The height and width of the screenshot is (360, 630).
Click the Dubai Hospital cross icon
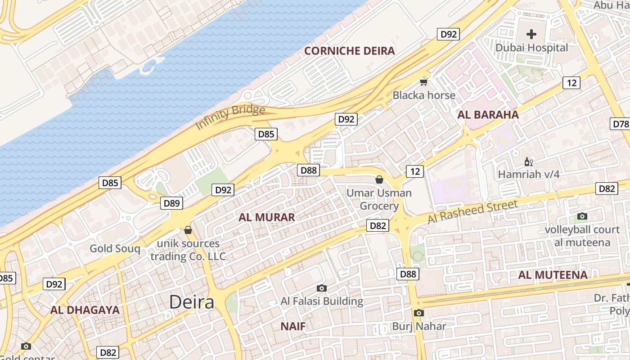tap(531, 34)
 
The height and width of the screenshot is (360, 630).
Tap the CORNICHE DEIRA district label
tap(350, 51)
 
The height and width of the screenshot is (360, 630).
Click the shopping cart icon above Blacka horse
tap(423, 81)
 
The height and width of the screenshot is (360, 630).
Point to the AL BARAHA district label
tap(488, 115)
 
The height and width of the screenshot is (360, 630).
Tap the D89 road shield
tap(171, 203)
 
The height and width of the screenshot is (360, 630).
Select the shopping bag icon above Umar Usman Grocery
tap(379, 179)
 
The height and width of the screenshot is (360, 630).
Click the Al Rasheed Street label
tap(472, 212)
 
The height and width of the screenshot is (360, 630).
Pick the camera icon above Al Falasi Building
tap(321, 288)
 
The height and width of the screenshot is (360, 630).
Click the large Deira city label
tap(192, 302)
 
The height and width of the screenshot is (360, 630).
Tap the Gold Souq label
tap(115, 248)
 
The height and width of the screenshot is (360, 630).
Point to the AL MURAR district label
tap(267, 218)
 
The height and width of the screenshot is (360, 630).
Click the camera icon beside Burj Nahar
tap(418, 313)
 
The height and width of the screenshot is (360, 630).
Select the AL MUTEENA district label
tap(553, 275)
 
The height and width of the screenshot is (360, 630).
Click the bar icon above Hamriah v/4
tap(528, 162)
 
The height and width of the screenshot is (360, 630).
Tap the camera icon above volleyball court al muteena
tap(582, 216)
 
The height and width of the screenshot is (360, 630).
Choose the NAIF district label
tap(293, 326)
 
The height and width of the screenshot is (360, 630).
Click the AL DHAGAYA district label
tap(85, 310)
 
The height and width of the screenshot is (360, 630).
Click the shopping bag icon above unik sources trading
tap(188, 230)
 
